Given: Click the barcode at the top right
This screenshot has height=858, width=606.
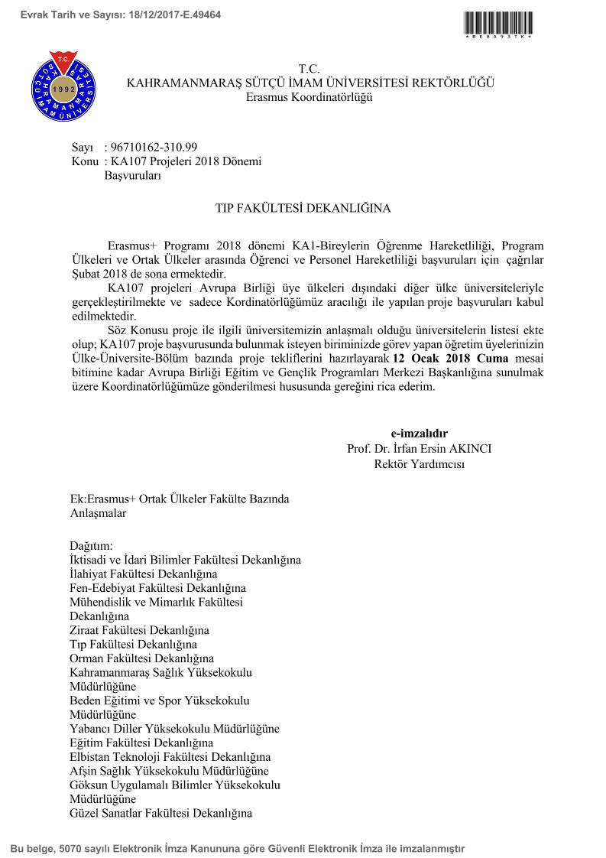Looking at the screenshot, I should point(497,22).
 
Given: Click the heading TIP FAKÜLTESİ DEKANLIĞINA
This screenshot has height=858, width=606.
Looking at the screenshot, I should point(302,207).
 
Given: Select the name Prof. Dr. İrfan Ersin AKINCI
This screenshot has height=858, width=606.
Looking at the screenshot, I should point(419,448).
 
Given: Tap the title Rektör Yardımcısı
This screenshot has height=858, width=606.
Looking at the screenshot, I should point(419,463).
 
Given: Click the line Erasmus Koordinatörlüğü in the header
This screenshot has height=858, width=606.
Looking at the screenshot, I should point(309,97).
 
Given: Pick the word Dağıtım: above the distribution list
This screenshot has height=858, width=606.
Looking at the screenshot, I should point(91,546).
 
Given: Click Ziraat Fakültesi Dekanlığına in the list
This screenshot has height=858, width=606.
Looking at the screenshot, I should point(139,630).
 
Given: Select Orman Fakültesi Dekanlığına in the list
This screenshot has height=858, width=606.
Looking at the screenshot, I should point(141,658).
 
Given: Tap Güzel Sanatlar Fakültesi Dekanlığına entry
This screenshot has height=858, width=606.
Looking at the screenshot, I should point(160,813).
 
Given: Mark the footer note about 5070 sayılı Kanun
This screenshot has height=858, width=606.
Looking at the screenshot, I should point(237,848).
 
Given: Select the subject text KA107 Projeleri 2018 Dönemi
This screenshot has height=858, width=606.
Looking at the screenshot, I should point(186,161).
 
